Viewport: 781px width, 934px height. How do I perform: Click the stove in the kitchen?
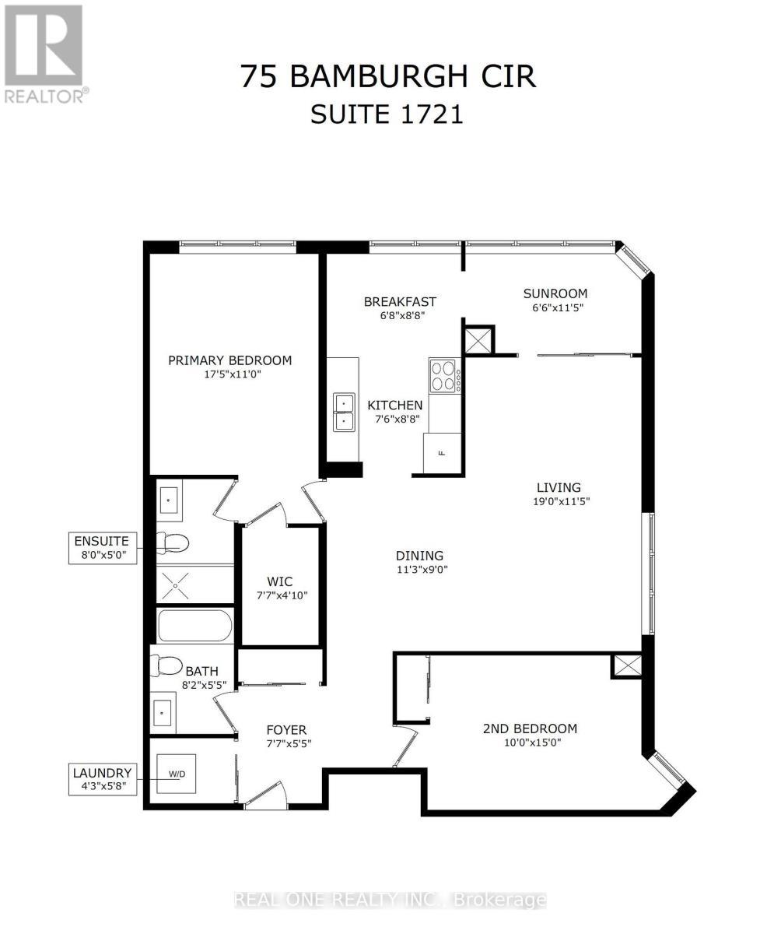[x=444, y=376]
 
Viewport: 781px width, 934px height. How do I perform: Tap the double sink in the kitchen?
[x=344, y=412]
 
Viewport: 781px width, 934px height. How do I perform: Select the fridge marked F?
[x=442, y=453]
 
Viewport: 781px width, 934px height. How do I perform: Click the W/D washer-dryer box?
[x=176, y=774]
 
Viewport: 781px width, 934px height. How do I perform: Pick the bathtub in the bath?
[x=194, y=626]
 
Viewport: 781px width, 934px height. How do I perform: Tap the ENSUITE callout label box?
[x=103, y=548]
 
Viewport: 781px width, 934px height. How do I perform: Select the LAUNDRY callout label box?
[x=103, y=780]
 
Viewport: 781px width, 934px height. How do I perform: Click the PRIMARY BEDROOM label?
[x=229, y=360]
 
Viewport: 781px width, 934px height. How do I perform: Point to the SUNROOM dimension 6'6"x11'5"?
[x=555, y=308]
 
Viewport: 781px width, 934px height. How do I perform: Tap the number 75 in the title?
[x=260, y=76]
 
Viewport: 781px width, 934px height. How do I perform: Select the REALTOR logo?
[x=44, y=54]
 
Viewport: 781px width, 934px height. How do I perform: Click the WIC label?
[x=280, y=582]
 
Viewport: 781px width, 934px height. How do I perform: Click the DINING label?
[x=420, y=556]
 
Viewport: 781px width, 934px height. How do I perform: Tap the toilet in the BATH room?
[x=166, y=665]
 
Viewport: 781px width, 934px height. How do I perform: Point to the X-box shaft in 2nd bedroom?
[x=626, y=667]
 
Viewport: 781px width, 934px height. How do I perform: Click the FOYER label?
[x=286, y=730]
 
